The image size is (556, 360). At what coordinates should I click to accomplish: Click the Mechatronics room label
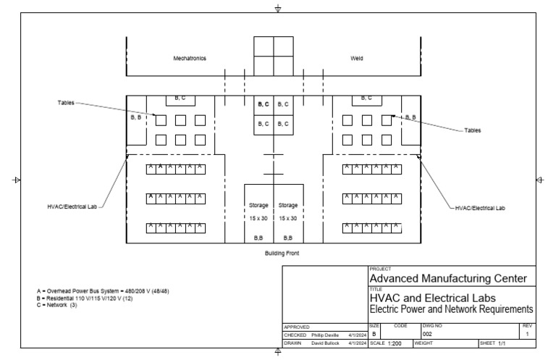tap(189, 58)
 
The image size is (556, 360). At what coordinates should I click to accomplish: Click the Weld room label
tap(357, 58)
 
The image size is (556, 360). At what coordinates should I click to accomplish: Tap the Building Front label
tap(282, 254)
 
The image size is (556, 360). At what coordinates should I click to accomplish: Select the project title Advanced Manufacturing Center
tap(448, 279)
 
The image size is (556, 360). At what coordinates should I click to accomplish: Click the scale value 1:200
tap(395, 343)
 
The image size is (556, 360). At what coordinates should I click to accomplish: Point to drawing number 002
tap(429, 334)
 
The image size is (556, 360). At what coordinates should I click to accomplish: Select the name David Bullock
tap(324, 343)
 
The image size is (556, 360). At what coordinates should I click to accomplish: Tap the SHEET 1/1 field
tap(492, 343)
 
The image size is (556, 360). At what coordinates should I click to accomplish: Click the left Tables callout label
tap(66, 103)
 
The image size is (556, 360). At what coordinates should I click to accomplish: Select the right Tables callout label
tap(473, 130)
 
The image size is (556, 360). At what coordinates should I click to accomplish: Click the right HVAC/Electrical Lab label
tap(480, 208)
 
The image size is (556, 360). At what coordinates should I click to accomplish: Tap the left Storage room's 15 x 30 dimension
tap(258, 218)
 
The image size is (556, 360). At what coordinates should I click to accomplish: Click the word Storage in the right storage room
tap(288, 205)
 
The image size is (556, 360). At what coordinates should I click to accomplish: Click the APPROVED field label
tap(297, 327)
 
